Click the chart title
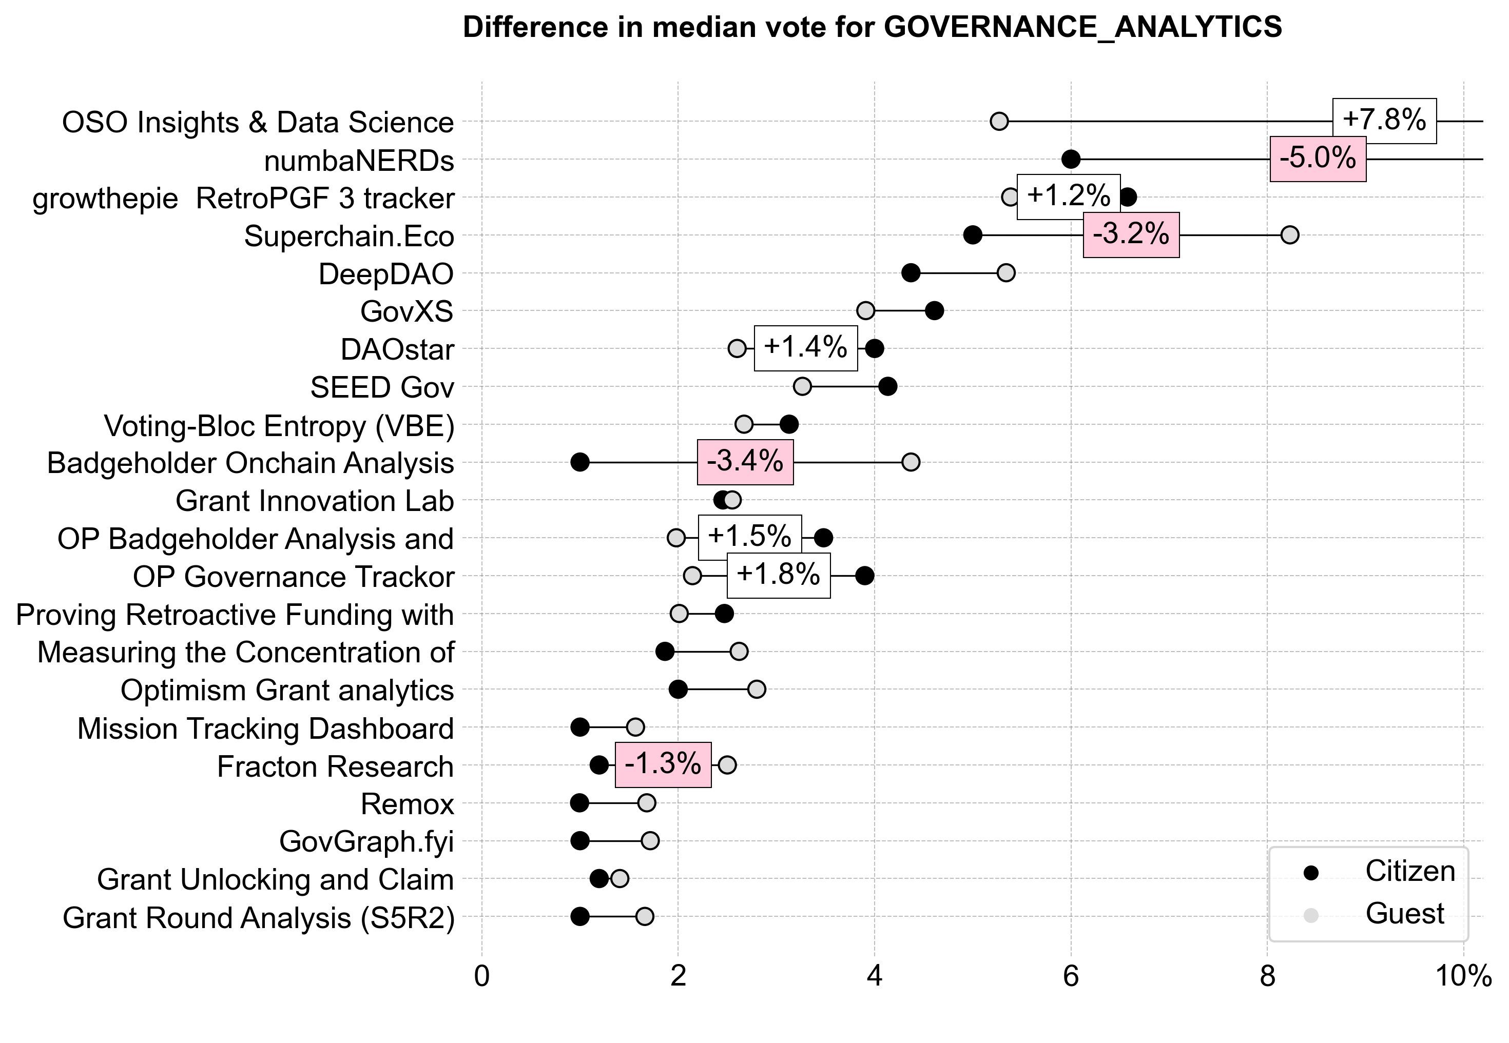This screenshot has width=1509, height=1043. click(872, 28)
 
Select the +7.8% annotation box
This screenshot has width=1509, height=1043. click(1384, 120)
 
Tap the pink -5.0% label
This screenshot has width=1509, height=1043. click(1318, 159)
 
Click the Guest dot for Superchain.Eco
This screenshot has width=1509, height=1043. click(1289, 235)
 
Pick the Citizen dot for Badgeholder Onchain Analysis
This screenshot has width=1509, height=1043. click(580, 463)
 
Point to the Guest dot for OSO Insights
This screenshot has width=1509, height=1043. click(999, 122)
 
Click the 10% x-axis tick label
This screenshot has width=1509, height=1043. click(1463, 976)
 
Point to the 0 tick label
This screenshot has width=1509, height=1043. click(482, 976)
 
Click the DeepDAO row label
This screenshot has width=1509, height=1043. click(386, 274)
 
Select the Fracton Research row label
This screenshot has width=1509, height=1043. click(335, 766)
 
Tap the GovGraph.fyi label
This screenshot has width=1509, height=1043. click(366, 842)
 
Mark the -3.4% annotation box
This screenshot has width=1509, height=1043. click(745, 462)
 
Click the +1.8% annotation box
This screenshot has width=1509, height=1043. click(778, 575)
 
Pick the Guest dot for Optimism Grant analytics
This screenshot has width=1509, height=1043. click(757, 690)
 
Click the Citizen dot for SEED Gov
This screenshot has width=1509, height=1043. click(887, 387)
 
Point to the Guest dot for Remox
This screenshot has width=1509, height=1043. click(647, 803)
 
